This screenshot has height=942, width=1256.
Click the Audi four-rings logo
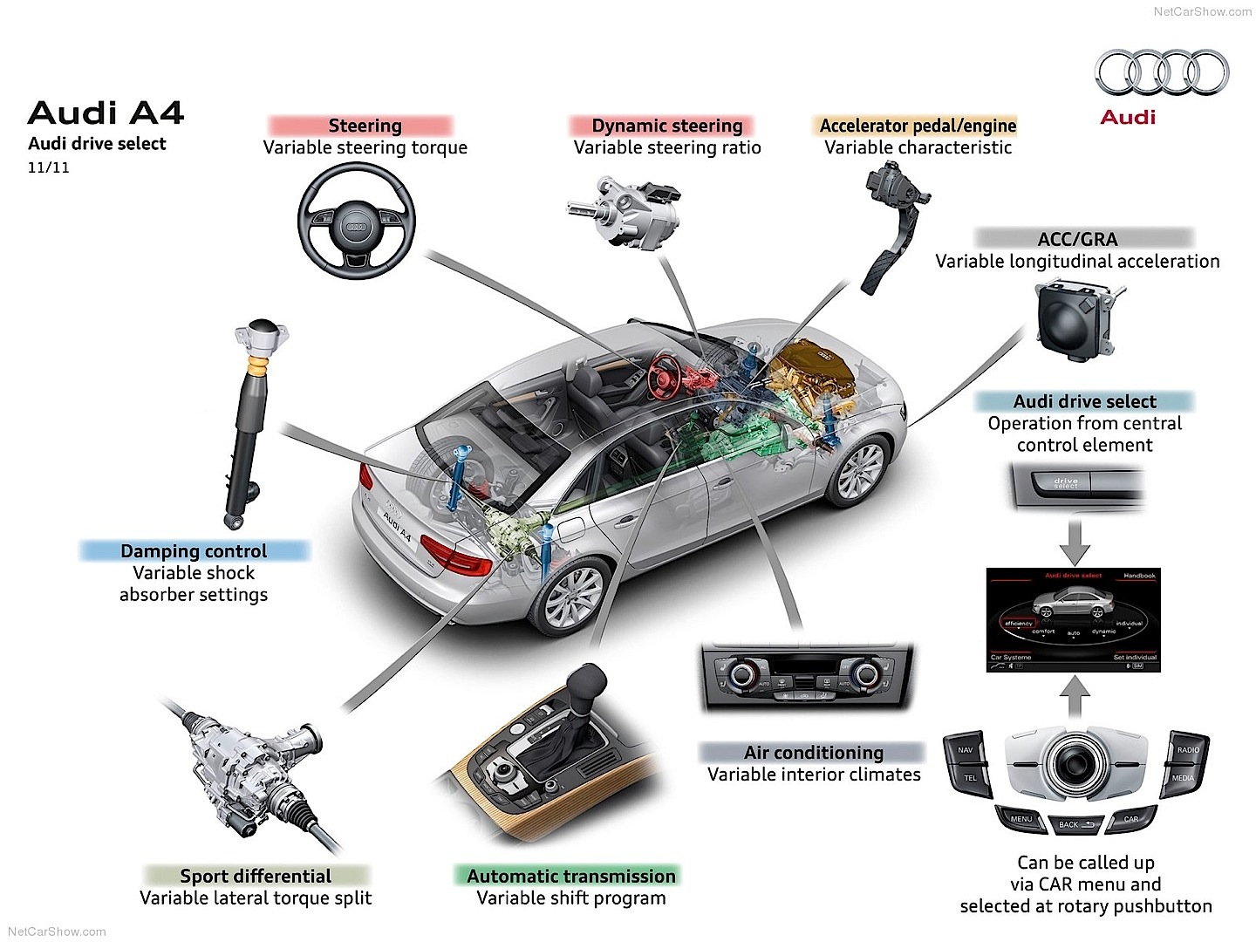pyautogui.click(x=1162, y=72)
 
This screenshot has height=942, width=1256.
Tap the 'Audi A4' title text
pyautogui.click(x=106, y=113)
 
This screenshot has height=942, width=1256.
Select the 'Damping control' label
pyautogui.click(x=194, y=551)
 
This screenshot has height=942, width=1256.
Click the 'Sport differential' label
pyautogui.click(x=256, y=876)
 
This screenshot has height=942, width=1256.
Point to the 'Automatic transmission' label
pyautogui.click(x=571, y=876)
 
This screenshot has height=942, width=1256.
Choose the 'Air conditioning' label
pyautogui.click(x=813, y=752)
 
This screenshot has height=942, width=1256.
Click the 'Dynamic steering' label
pyautogui.click(x=666, y=126)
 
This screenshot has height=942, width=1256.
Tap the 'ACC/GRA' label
pyautogui.click(x=1077, y=239)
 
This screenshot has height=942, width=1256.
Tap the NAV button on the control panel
pyautogui.click(x=966, y=749)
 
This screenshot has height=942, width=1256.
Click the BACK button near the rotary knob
pyautogui.click(x=1069, y=823)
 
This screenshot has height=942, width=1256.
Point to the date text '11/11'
pyautogui.click(x=48, y=167)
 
